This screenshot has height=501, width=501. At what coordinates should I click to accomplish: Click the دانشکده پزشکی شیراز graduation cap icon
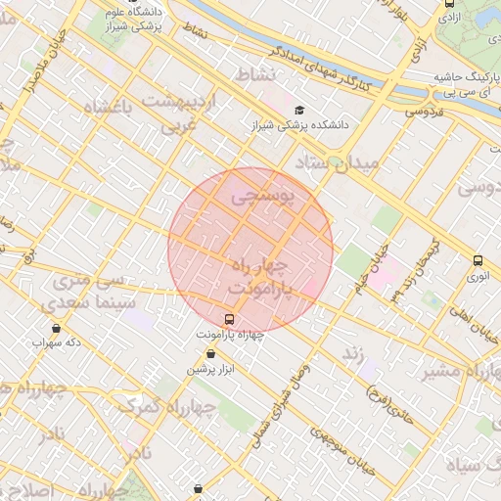coord(299,110)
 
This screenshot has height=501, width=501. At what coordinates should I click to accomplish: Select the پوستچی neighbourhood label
coord(261,198)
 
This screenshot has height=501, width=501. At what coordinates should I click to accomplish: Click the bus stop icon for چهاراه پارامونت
coord(230,319)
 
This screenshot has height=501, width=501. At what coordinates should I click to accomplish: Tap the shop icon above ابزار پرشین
coord(211,353)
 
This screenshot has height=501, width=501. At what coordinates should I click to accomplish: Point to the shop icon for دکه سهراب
coord(56,328)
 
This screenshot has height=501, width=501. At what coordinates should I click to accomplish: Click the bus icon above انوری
coord(478,260)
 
